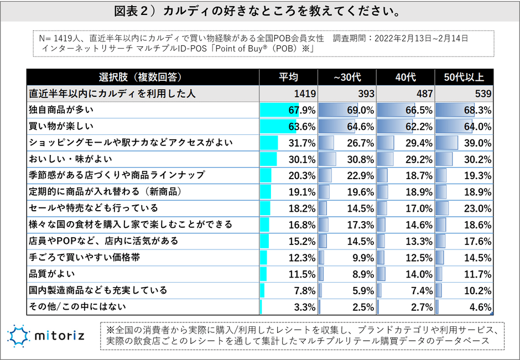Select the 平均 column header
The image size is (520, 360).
(288, 77)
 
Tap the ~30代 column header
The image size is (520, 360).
(347, 77)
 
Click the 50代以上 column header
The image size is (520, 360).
(464, 77)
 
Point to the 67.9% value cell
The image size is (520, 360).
(301, 110)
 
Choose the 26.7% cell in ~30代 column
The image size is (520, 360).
(360, 143)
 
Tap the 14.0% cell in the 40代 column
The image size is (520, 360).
(419, 274)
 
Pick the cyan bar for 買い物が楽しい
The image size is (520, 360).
(278, 127)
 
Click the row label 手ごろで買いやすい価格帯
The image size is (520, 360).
(85, 257)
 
